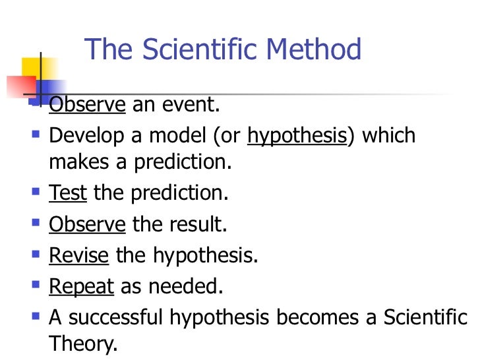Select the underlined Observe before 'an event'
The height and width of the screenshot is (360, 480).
[87, 104]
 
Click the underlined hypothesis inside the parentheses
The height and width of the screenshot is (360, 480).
[296, 136]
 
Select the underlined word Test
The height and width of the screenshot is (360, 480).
[68, 193]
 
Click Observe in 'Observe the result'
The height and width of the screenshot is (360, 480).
[87, 225]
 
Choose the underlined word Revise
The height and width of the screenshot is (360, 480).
[78, 256]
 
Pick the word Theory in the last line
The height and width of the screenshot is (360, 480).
[82, 344]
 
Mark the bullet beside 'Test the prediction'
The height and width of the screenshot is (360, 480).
[34, 193]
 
